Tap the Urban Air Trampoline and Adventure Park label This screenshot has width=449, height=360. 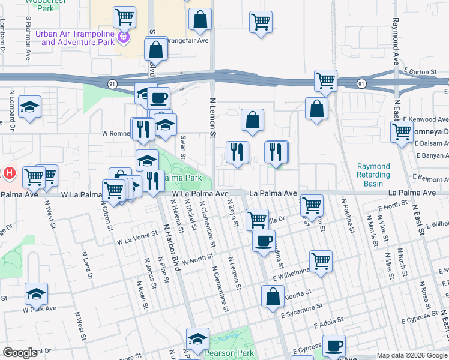point(74,38)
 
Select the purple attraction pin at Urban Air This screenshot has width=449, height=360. point(124,37)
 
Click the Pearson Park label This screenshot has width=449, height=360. point(229,353)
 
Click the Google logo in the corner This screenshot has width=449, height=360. point(20,353)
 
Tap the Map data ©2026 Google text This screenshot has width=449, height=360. point(411,355)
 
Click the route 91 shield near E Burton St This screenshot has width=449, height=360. point(361,83)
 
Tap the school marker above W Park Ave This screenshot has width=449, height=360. point(37,294)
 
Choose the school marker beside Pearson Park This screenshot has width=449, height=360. point(197,340)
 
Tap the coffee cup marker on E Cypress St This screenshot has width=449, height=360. point(334,346)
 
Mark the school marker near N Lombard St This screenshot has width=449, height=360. point(29,107)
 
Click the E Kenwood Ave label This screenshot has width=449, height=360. point(424,120)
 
